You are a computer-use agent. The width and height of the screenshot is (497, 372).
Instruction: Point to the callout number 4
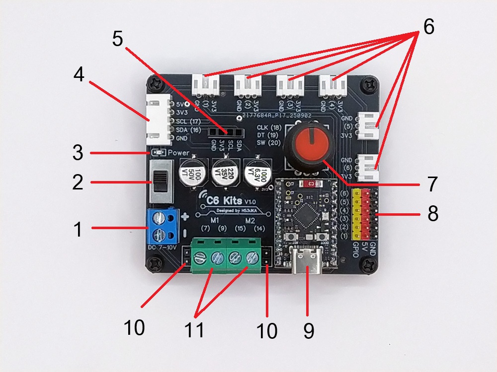point(79,75)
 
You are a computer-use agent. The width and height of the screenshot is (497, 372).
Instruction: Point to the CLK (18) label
point(269,127)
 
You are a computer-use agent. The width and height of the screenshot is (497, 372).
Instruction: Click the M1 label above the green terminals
point(215,220)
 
